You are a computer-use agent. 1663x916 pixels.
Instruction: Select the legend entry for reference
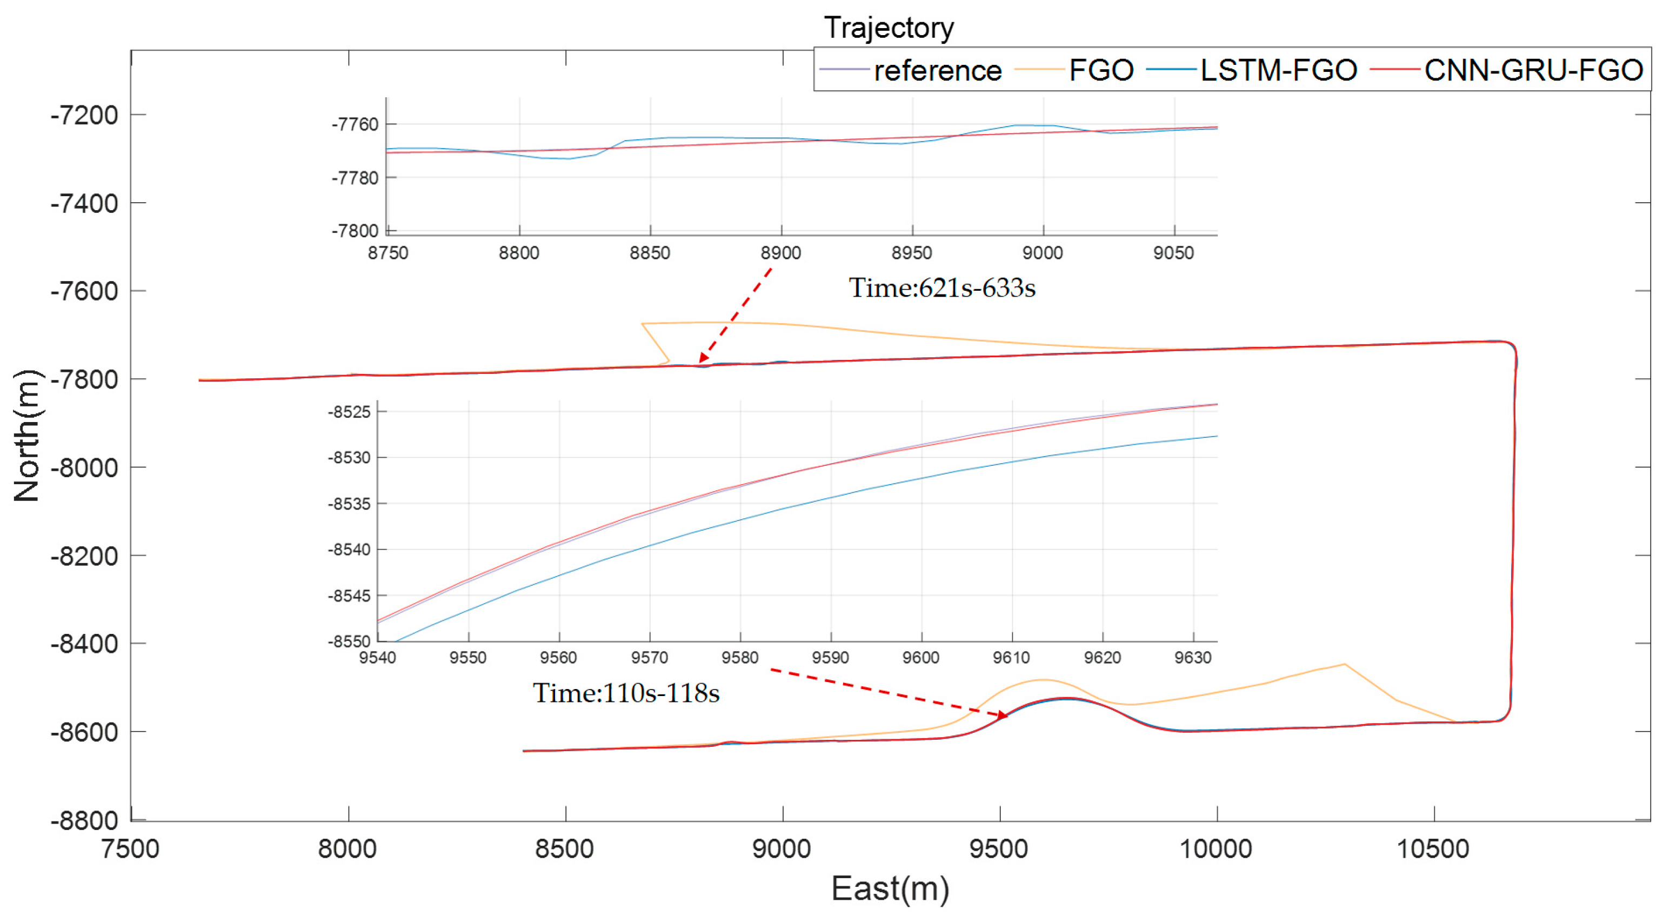tap(937, 70)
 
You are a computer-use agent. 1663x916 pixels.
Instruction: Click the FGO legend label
tap(1101, 70)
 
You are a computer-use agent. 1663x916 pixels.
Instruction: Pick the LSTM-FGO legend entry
tap(1278, 70)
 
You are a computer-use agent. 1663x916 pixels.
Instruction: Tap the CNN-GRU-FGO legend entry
tap(1533, 70)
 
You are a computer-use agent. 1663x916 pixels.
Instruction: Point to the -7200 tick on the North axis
tap(84, 116)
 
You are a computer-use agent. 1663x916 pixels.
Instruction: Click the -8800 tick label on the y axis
tap(84, 820)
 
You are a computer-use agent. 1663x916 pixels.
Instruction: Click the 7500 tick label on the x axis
tap(130, 849)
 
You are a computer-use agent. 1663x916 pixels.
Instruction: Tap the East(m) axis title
tap(890, 889)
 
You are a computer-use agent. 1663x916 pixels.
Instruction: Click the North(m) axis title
tap(27, 436)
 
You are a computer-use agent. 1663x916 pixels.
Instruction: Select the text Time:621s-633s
tap(941, 288)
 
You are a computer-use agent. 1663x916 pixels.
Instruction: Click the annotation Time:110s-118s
tap(625, 693)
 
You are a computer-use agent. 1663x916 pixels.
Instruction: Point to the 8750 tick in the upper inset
tap(388, 253)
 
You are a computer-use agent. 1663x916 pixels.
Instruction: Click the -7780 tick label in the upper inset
tap(355, 177)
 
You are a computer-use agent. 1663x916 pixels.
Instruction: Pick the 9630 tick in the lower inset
tap(1192, 658)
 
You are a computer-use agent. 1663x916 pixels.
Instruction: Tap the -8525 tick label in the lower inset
tap(349, 412)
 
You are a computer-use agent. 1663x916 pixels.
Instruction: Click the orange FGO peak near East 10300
tap(1345, 664)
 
